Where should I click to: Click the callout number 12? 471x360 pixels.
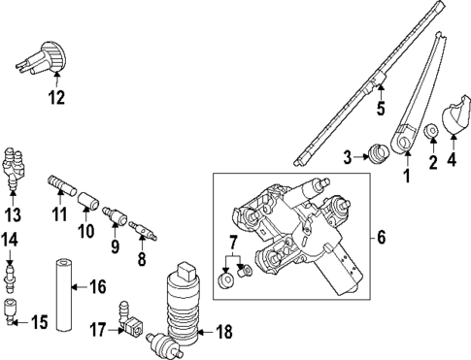tap(58, 97)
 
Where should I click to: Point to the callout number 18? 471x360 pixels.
tap(223, 332)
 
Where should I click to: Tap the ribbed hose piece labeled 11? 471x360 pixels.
tap(60, 182)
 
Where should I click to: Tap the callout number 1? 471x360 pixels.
tap(407, 177)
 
